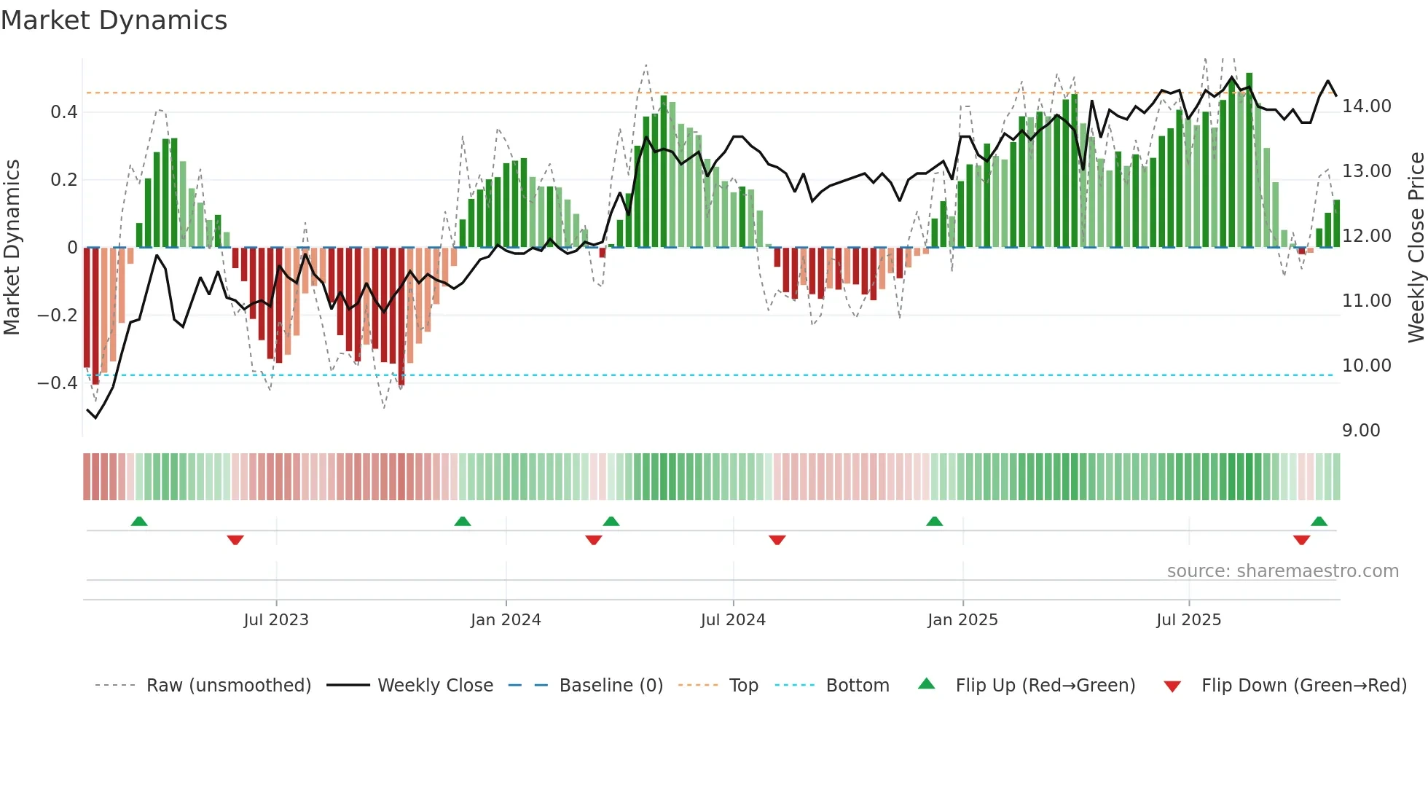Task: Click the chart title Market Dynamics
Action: click(x=114, y=20)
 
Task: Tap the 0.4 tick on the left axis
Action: click(x=63, y=112)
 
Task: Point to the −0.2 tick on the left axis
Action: click(x=58, y=316)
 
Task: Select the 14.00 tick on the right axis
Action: click(x=1366, y=106)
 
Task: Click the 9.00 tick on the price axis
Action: click(x=1361, y=431)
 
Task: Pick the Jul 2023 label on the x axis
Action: click(x=276, y=620)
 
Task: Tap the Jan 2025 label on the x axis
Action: click(x=962, y=620)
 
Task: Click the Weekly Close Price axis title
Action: click(x=1416, y=248)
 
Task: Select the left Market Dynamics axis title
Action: click(x=12, y=248)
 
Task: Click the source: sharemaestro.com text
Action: click(x=1282, y=571)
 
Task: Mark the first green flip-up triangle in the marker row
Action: click(x=139, y=521)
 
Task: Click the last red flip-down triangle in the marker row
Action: click(x=1301, y=540)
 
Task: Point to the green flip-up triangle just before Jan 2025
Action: click(x=934, y=521)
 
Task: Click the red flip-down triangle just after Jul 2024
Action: click(x=777, y=540)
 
